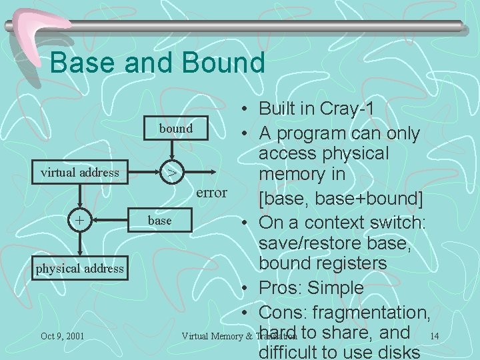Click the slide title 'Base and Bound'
tap(157, 63)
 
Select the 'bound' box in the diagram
tap(175, 128)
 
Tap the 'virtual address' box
tap(80, 173)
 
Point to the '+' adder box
tap(80, 220)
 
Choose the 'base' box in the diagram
tap(159, 220)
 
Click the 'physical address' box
tap(80, 268)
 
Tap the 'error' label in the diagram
tap(211, 193)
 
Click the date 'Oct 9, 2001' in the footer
tap(62, 336)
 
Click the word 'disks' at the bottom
tap(398, 352)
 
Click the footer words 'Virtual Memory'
tap(213, 336)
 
